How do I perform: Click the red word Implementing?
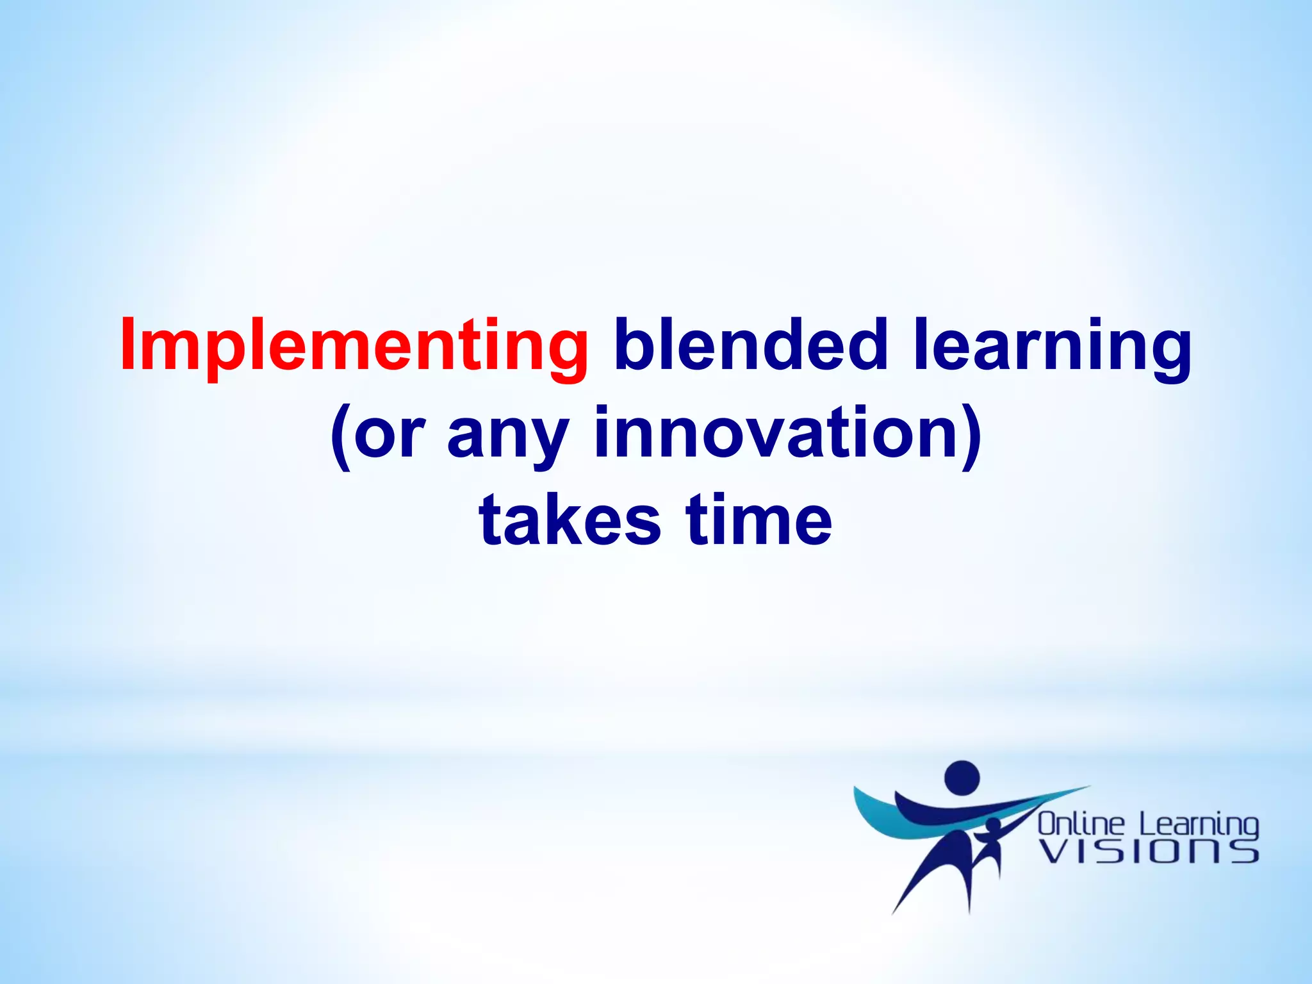(354, 346)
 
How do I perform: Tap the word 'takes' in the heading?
(570, 520)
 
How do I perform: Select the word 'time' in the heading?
(758, 520)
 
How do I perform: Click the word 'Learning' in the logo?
(1199, 824)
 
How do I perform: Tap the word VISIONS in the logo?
(1148, 852)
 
